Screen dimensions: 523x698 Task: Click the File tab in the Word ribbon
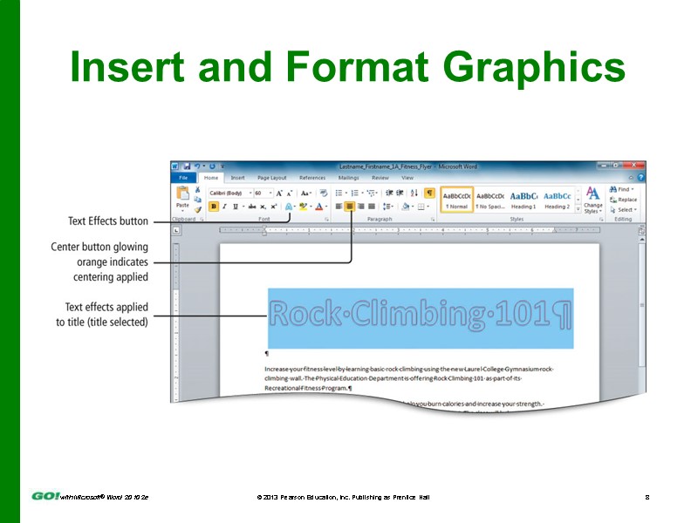183,177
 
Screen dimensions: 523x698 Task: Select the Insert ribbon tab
237,177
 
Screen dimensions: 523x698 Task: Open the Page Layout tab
271,177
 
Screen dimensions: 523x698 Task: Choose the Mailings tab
348,177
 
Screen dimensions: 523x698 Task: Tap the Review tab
380,177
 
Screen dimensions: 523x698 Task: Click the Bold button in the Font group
214,207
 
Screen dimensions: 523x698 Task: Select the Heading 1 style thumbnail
523,200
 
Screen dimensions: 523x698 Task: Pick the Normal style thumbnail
457,200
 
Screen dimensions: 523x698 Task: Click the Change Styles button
592,200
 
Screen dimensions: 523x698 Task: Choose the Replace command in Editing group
624,200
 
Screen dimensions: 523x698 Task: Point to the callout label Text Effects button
108,221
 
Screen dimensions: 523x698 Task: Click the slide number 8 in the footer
647,496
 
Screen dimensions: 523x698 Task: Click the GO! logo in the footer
45,495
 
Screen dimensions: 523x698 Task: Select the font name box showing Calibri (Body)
229,193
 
